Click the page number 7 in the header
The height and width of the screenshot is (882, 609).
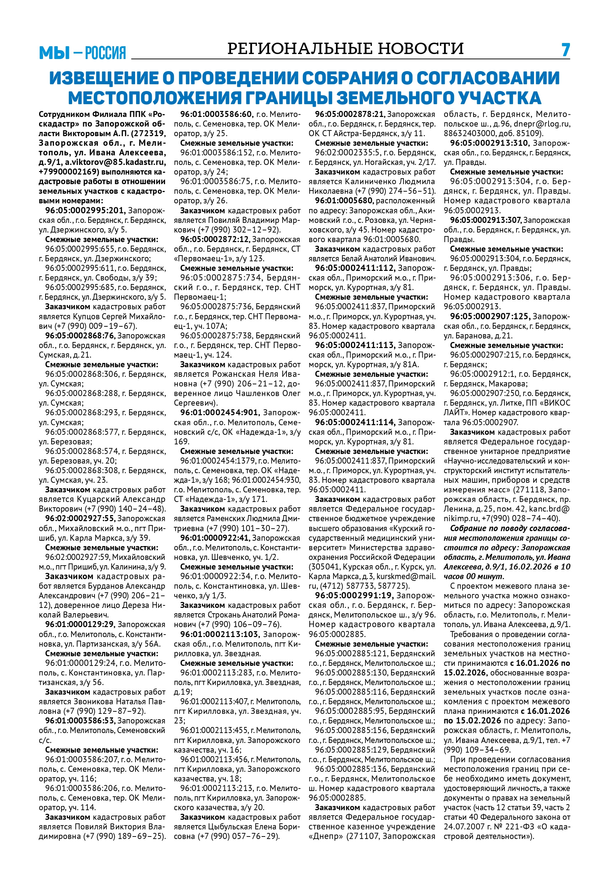(566, 50)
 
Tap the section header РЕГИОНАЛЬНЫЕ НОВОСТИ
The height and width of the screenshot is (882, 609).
(345, 49)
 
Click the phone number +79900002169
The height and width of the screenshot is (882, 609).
(69, 172)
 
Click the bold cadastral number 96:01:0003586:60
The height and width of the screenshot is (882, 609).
(217, 114)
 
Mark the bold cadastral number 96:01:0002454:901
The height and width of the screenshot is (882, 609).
(220, 412)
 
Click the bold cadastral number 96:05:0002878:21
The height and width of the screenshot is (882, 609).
(350, 114)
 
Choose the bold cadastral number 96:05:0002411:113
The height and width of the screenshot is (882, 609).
(355, 345)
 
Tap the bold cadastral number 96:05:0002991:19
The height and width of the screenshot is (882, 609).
(354, 595)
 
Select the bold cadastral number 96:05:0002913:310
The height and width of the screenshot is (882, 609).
(490, 143)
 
